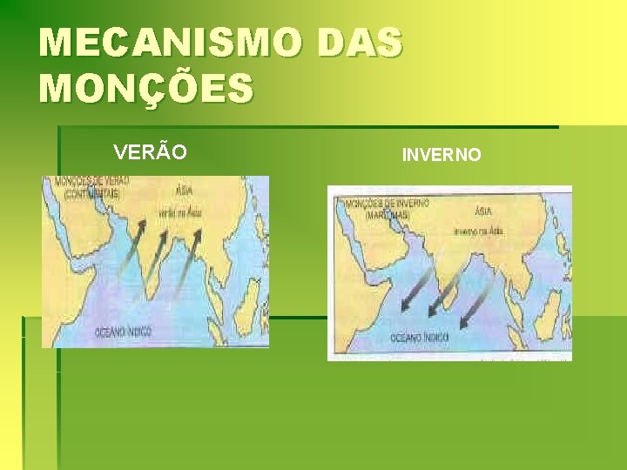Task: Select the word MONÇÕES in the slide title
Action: coord(146,88)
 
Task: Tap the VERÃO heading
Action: coord(150,152)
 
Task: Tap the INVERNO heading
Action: coord(441,155)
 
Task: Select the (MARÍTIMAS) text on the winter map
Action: coord(379,213)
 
